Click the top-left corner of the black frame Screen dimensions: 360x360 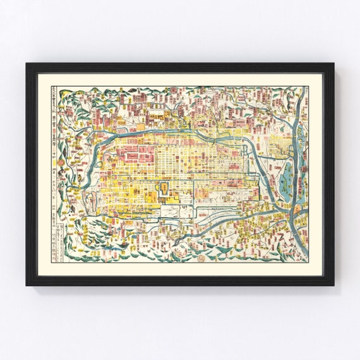pos(28,64)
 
